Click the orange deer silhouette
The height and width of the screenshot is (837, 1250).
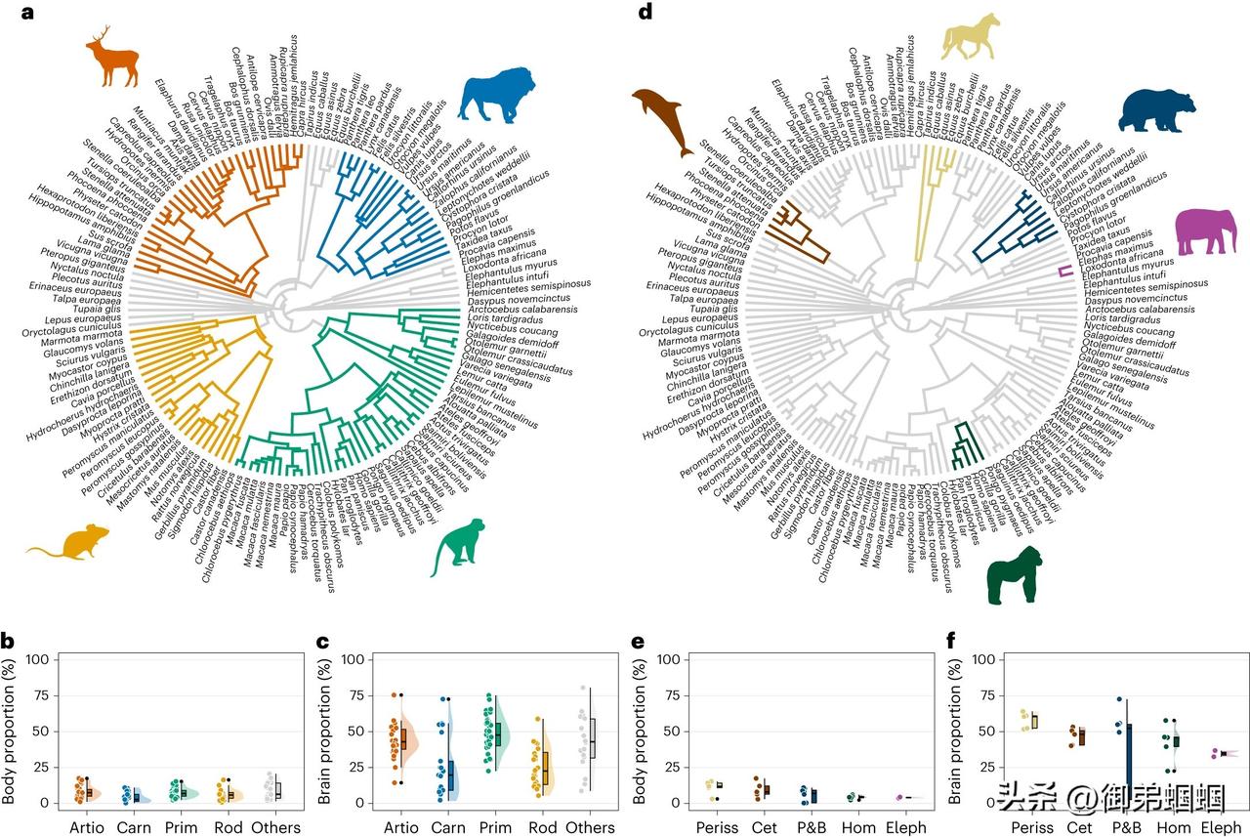[x=111, y=61]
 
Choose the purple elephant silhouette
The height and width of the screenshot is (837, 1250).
[x=1205, y=231]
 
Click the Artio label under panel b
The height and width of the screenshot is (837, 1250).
[x=87, y=827]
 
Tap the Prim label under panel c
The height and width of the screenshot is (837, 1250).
[x=499, y=827]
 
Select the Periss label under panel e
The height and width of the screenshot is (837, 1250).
[x=717, y=827]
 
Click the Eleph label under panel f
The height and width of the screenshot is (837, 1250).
[x=1221, y=827]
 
